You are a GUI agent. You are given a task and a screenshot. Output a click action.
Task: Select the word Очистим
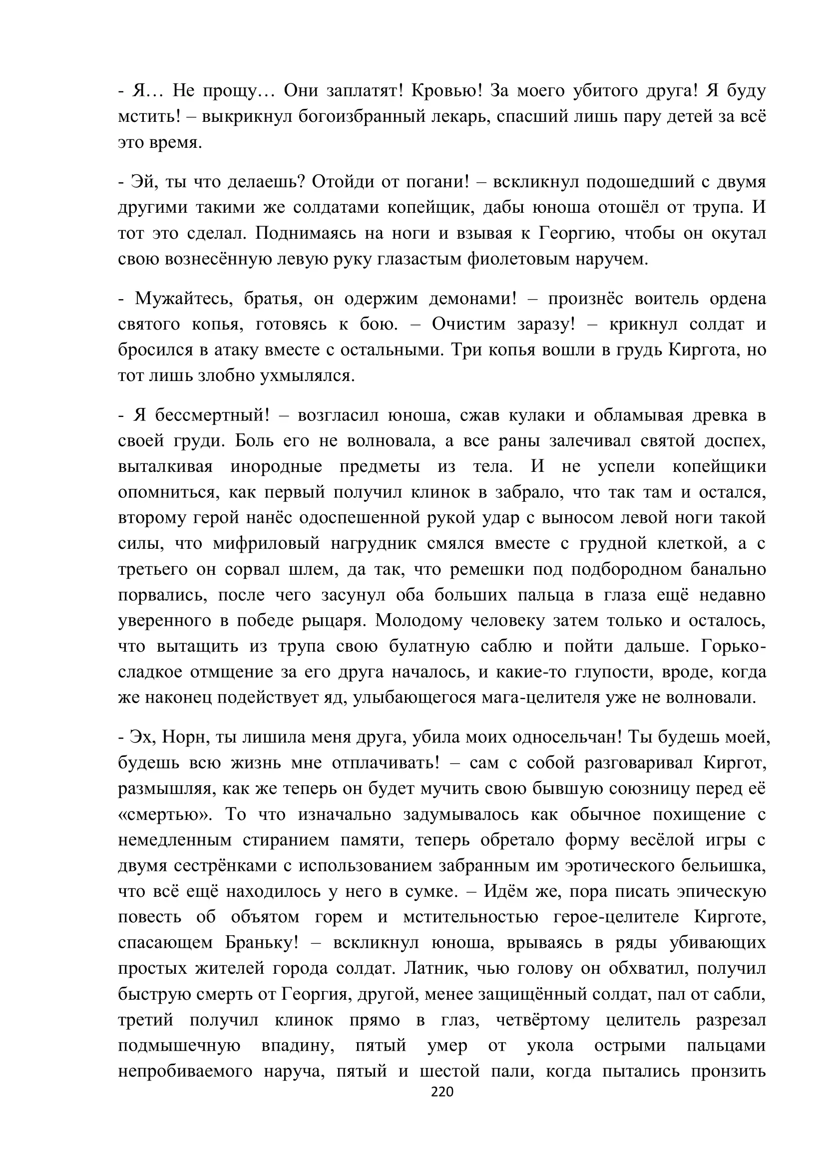[x=469, y=324]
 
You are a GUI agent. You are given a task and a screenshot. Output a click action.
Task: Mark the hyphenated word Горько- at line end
[x=733, y=646]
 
